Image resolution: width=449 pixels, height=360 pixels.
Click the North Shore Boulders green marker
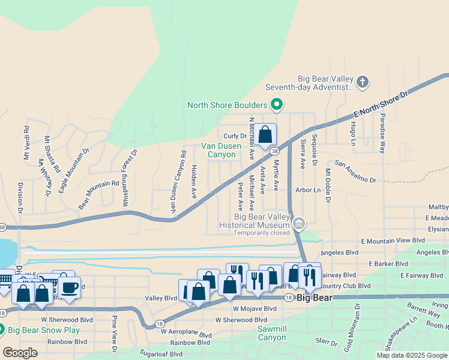click(277, 106)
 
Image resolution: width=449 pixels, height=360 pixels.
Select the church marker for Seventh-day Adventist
click(362, 82)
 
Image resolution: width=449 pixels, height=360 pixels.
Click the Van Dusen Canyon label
click(218, 150)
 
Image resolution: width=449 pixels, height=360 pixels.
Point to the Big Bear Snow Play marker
click(1, 330)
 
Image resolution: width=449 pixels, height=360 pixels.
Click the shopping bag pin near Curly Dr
click(265, 136)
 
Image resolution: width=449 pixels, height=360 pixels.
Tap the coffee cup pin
click(69, 287)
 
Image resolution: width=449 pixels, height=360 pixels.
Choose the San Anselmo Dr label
click(355, 171)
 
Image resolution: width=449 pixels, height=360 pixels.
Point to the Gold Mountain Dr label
click(358, 323)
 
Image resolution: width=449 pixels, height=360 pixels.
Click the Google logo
click(20, 353)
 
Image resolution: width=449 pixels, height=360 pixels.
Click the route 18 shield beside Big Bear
click(289, 298)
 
